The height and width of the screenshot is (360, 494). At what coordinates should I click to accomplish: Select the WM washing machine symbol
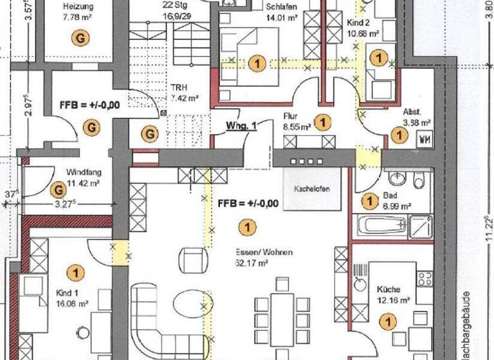tap(424, 139)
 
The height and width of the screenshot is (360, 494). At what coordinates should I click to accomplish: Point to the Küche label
tap(389, 289)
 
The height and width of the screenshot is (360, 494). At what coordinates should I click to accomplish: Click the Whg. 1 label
tap(241, 125)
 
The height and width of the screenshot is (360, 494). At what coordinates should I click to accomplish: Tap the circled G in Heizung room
tap(80, 39)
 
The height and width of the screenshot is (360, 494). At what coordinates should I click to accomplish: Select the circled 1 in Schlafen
tap(258, 62)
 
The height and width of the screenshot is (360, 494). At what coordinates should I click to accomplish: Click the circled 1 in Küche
tap(389, 319)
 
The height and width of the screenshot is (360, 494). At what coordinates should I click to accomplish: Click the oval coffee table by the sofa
tap(190, 301)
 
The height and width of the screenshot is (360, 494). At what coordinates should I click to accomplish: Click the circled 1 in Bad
tap(369, 201)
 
